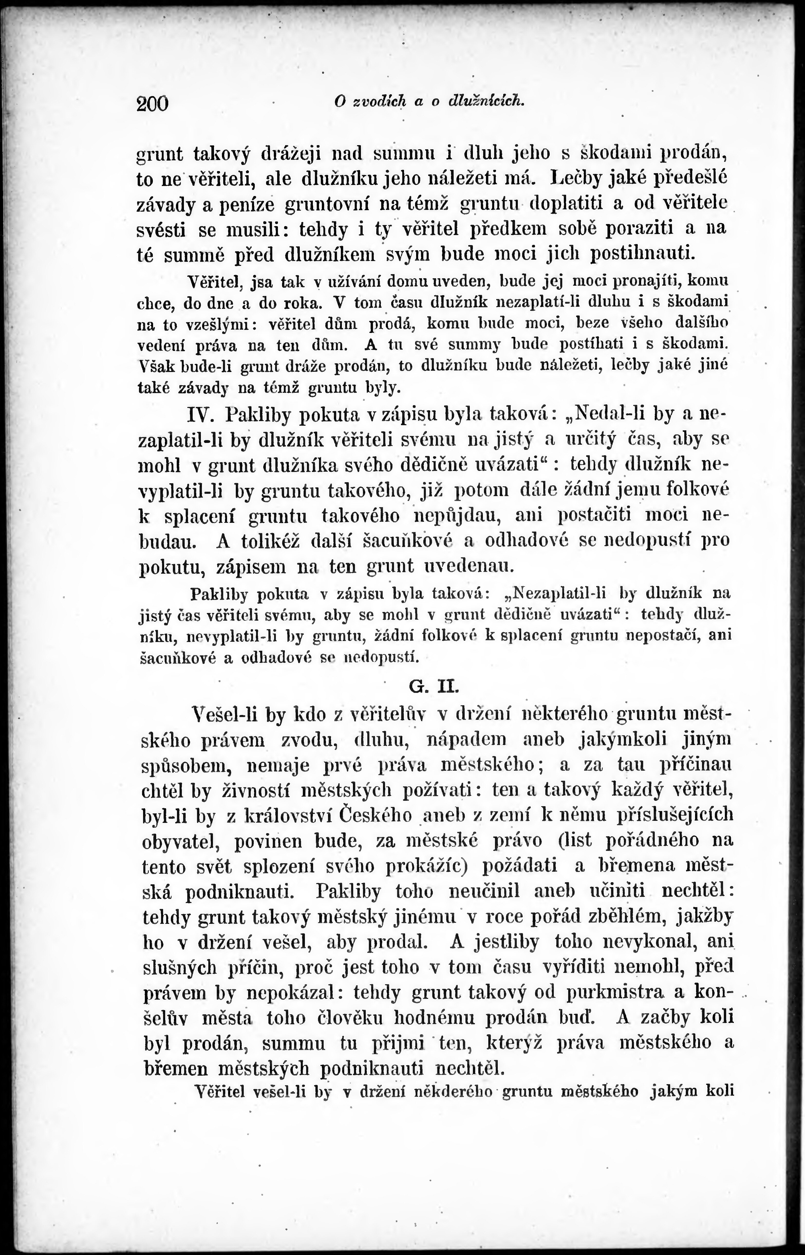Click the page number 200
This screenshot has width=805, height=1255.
[153, 103]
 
